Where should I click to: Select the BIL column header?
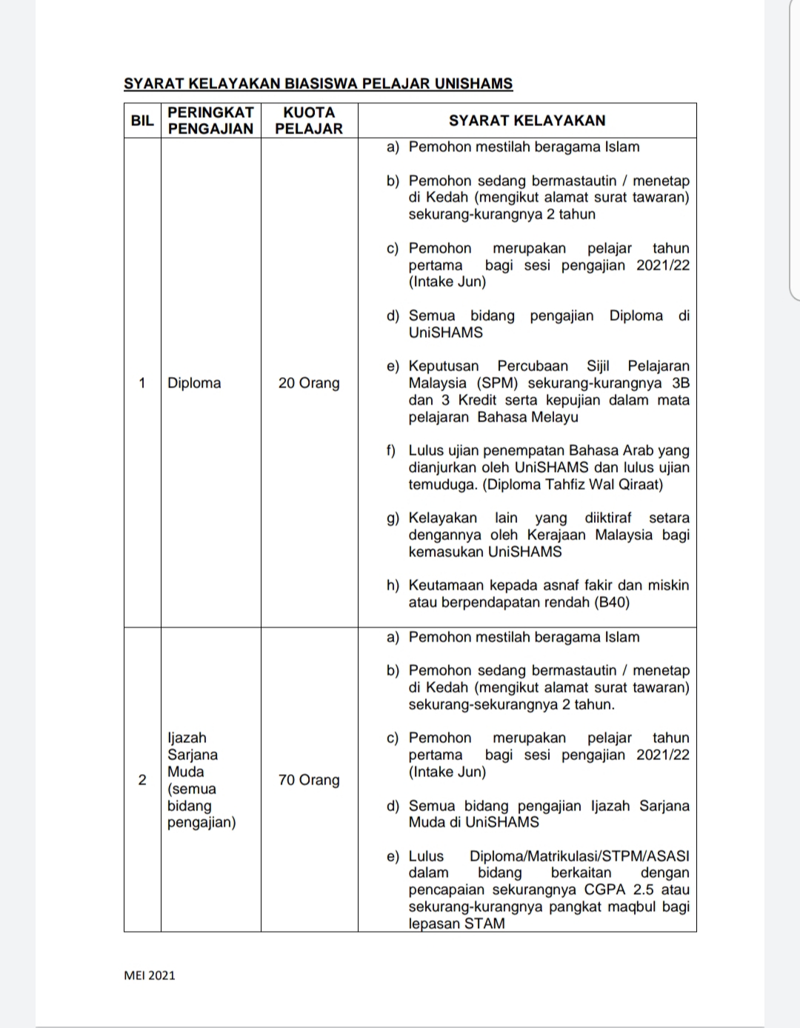pyautogui.click(x=141, y=120)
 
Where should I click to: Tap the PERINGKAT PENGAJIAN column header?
pyautogui.click(x=210, y=120)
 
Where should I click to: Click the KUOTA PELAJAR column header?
pyautogui.click(x=309, y=120)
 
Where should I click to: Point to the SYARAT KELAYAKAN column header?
pyautogui.click(x=527, y=120)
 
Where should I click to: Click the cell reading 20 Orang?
pyautogui.click(x=309, y=383)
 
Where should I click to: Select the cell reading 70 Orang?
pyautogui.click(x=309, y=780)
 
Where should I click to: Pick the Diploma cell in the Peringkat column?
pyautogui.click(x=194, y=383)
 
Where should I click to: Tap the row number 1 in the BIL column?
pyautogui.click(x=141, y=383)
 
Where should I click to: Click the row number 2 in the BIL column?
pyautogui.click(x=141, y=780)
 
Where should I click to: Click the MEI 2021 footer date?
pyautogui.click(x=150, y=975)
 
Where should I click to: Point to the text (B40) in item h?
pyautogui.click(x=612, y=602)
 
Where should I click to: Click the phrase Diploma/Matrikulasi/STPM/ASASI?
pyautogui.click(x=579, y=856)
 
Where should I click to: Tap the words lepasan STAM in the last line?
pyautogui.click(x=456, y=924)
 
